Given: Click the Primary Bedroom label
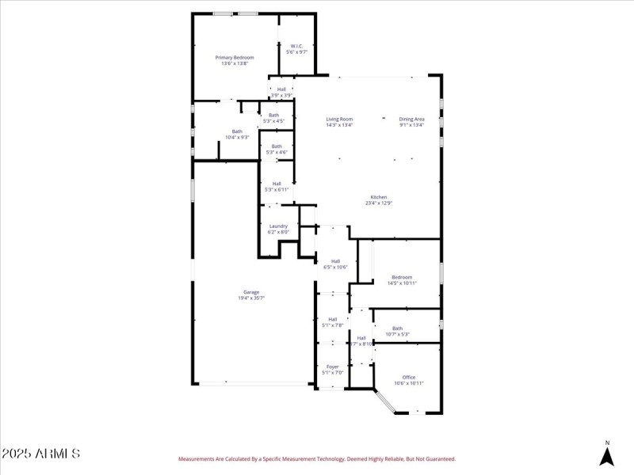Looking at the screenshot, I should click(x=235, y=58).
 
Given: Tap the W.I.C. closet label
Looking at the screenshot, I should click(x=297, y=46).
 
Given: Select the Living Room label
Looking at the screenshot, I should click(x=339, y=119).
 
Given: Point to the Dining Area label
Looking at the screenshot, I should click(x=411, y=119).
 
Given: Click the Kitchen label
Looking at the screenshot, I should click(x=379, y=197).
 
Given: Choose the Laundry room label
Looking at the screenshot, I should click(x=277, y=226).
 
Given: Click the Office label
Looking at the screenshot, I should click(x=409, y=377).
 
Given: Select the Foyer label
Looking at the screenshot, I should click(x=332, y=367).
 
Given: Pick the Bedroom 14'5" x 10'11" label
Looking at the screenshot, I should click(x=402, y=277).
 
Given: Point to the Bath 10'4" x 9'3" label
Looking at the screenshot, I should click(x=237, y=131).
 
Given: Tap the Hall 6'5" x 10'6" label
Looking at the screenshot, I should click(x=335, y=261).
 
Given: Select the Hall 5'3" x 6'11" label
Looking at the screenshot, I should click(x=277, y=184).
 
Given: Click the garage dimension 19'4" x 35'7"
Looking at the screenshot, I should click(x=251, y=298).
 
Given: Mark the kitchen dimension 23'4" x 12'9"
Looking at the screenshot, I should click(x=379, y=203).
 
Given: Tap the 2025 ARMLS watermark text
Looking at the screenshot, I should click(x=40, y=454).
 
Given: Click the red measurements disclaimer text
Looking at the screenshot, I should click(x=316, y=458).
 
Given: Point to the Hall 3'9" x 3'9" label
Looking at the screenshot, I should click(x=281, y=89).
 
